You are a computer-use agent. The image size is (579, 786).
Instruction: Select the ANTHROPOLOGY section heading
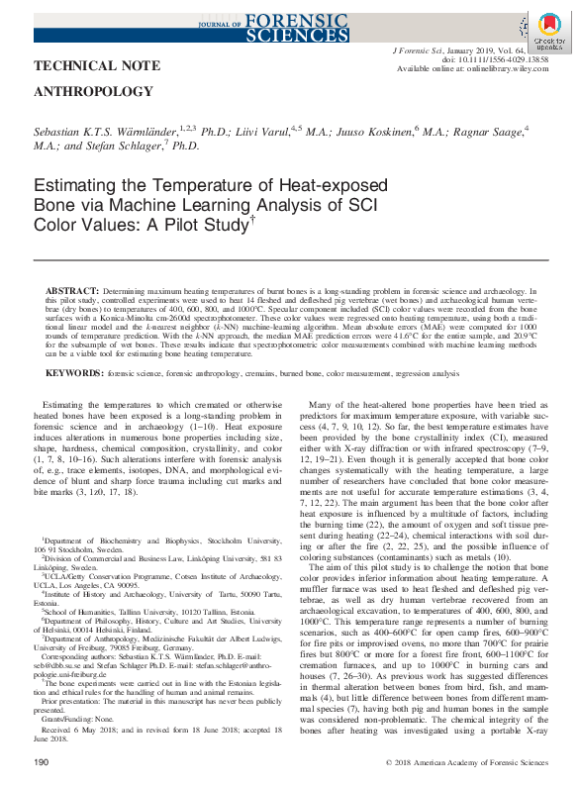pyautogui.click(x=87, y=92)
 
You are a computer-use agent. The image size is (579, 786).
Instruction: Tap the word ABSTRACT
pyautogui.click(x=70, y=291)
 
